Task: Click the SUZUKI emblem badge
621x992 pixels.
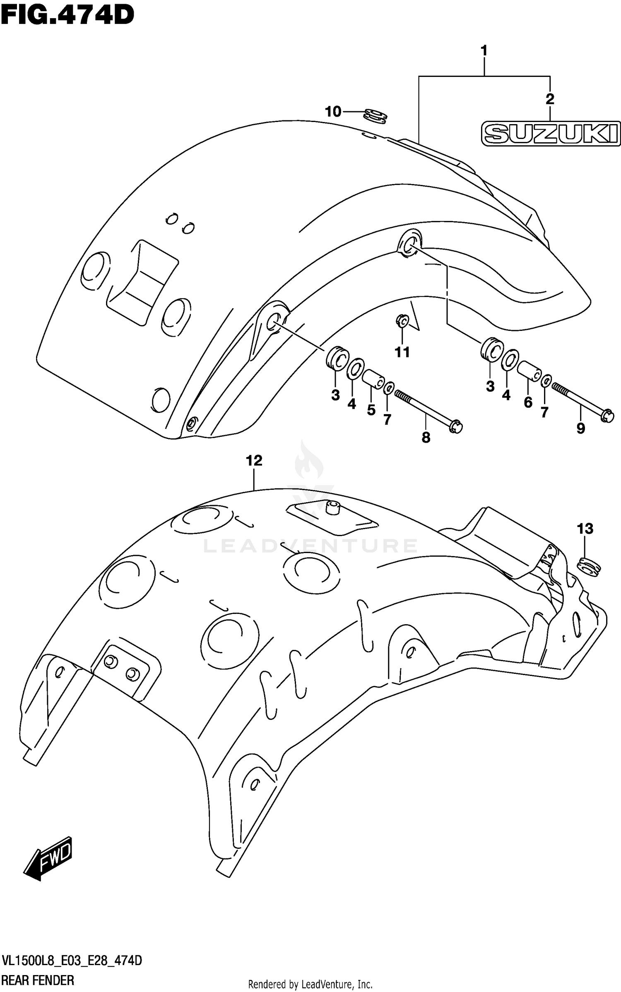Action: (550, 134)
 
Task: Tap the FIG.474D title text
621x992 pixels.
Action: (67, 16)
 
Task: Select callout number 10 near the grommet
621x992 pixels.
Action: (333, 112)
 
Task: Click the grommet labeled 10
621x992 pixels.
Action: (376, 116)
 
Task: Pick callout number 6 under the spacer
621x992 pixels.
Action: (528, 402)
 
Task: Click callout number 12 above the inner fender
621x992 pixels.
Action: (254, 460)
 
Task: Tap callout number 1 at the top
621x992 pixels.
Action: (484, 51)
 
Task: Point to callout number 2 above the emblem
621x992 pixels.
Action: (550, 98)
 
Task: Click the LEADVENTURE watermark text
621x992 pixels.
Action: (310, 546)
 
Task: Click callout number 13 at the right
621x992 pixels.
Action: (585, 528)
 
